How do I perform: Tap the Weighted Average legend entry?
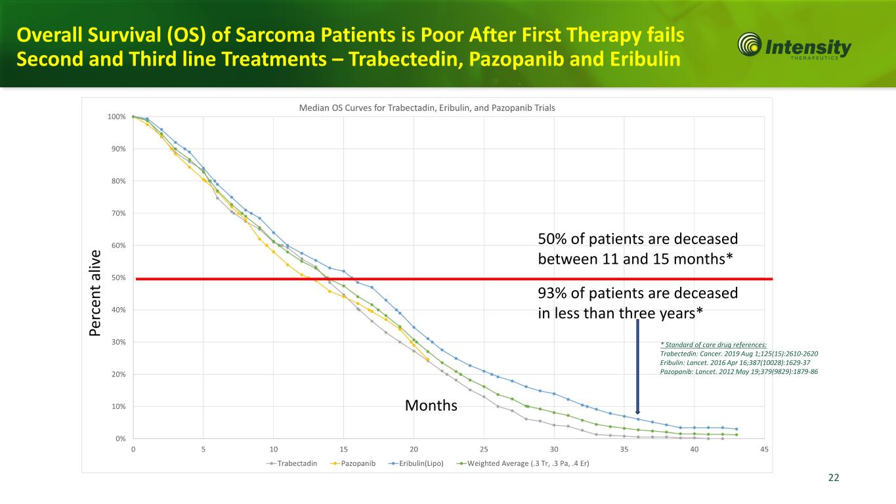click(524, 463)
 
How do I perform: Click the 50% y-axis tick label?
click(118, 278)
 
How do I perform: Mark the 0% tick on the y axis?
click(120, 438)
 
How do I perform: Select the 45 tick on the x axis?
click(764, 449)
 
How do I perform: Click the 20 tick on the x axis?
click(414, 449)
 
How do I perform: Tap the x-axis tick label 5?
click(203, 449)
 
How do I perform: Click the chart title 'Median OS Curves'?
click(427, 108)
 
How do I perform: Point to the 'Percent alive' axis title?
click(96, 293)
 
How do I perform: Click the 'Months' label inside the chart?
click(431, 406)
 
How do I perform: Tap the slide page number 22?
click(834, 478)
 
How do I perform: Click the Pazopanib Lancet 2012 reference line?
click(738, 371)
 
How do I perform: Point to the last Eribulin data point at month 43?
click(736, 429)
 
